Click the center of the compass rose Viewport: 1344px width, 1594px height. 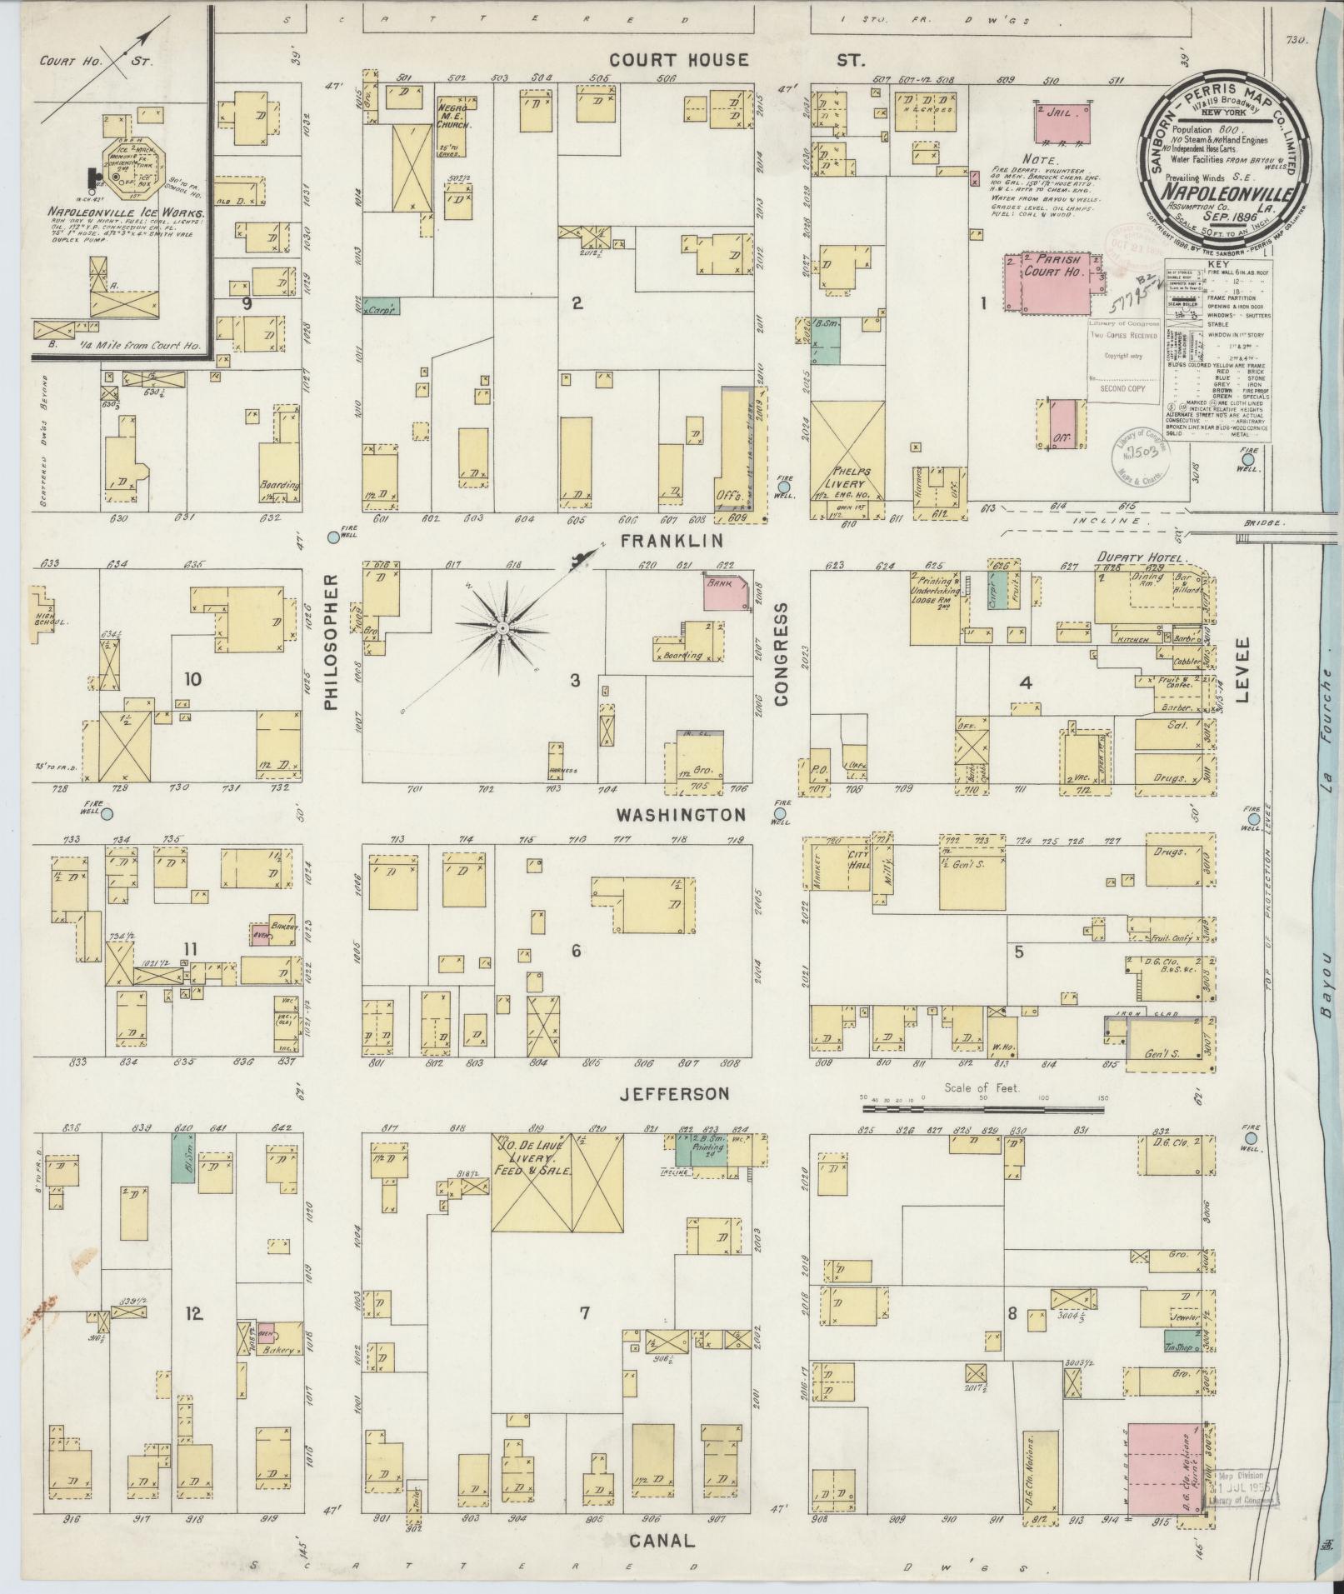(x=503, y=627)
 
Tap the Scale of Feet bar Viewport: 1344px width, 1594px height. (x=983, y=1109)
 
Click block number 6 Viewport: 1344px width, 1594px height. (x=576, y=950)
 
